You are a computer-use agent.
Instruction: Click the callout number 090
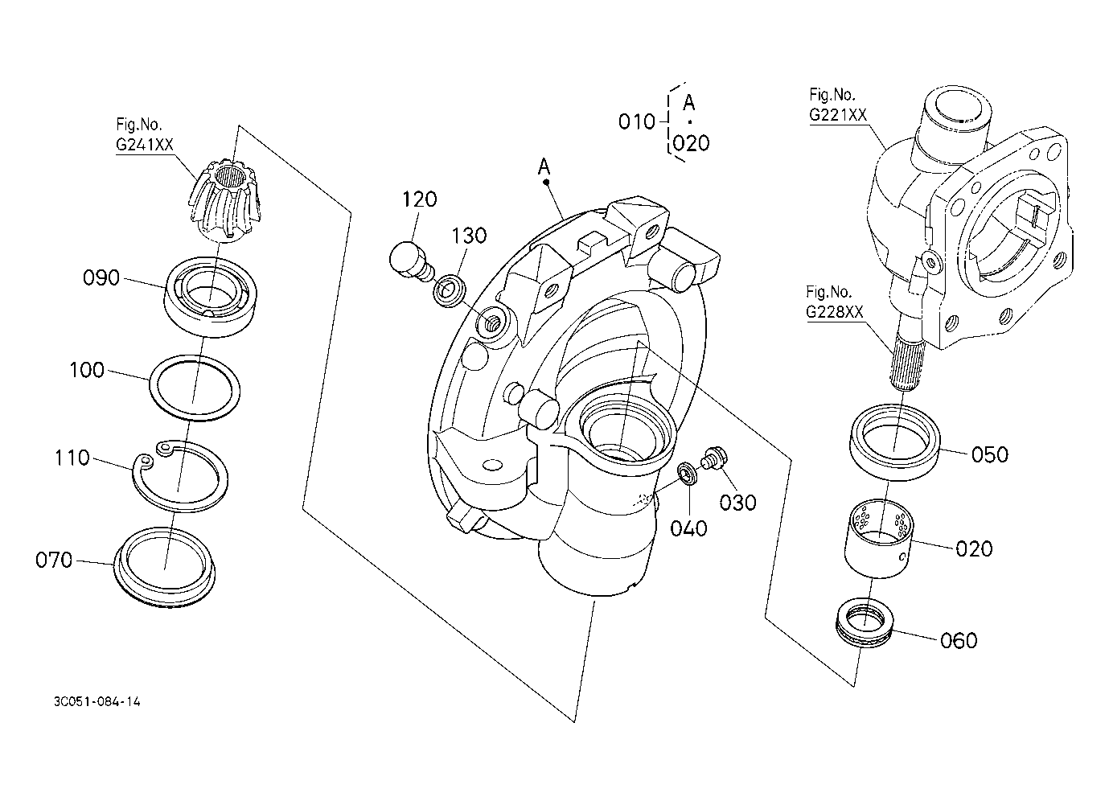pyautogui.click(x=101, y=277)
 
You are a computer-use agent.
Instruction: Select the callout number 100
pyautogui.click(x=87, y=370)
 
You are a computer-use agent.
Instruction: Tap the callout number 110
pyautogui.click(x=72, y=458)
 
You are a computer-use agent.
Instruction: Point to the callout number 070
pyautogui.click(x=54, y=560)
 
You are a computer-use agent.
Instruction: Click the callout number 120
pyautogui.click(x=419, y=199)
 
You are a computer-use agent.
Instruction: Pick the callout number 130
pyautogui.click(x=469, y=236)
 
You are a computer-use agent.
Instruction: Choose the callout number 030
pyautogui.click(x=737, y=503)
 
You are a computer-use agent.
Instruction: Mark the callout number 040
pyautogui.click(x=688, y=528)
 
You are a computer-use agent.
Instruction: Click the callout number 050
pyautogui.click(x=990, y=454)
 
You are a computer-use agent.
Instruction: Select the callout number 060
pyautogui.click(x=959, y=640)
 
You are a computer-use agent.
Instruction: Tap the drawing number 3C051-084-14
pyautogui.click(x=97, y=701)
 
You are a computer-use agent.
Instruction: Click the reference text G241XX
pyautogui.click(x=145, y=145)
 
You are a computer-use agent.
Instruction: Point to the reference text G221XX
pyautogui.click(x=838, y=115)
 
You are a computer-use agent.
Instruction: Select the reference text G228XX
pyautogui.click(x=835, y=312)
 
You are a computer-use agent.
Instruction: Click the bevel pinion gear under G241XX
pyautogui.click(x=224, y=200)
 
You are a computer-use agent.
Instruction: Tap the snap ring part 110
pyautogui.click(x=180, y=476)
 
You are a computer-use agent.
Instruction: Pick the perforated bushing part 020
pyautogui.click(x=879, y=538)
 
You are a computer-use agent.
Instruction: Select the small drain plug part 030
pyautogui.click(x=713, y=458)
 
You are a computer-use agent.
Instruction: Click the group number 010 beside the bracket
pyautogui.click(x=637, y=121)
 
